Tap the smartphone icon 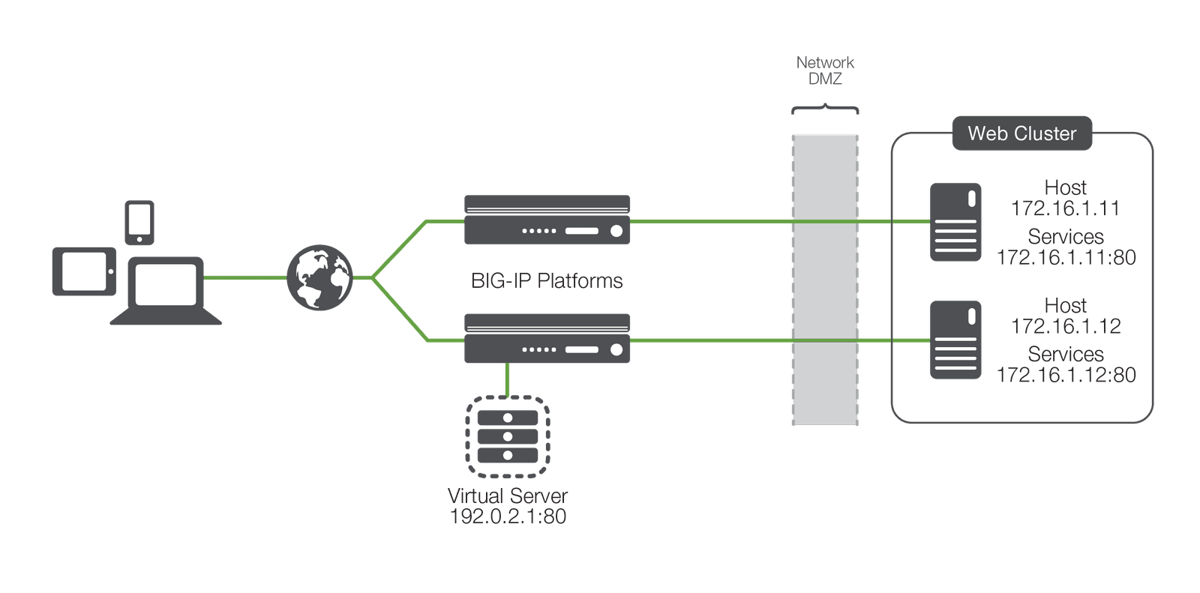point(139,223)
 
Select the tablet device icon point(84,271)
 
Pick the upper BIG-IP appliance point(547,220)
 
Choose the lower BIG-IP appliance point(547,338)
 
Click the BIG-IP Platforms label point(547,281)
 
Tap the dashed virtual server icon point(508,436)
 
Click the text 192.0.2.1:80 point(508,517)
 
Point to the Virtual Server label point(508,496)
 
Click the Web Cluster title point(1021,133)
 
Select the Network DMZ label point(825,70)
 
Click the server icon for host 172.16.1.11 point(955,222)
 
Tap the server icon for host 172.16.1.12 point(955,340)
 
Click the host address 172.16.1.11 point(1065,208)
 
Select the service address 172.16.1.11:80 point(1066,257)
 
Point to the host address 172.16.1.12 point(1066,326)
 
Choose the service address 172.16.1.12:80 point(1066,375)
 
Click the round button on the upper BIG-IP point(616,231)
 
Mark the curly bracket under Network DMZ point(825,109)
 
